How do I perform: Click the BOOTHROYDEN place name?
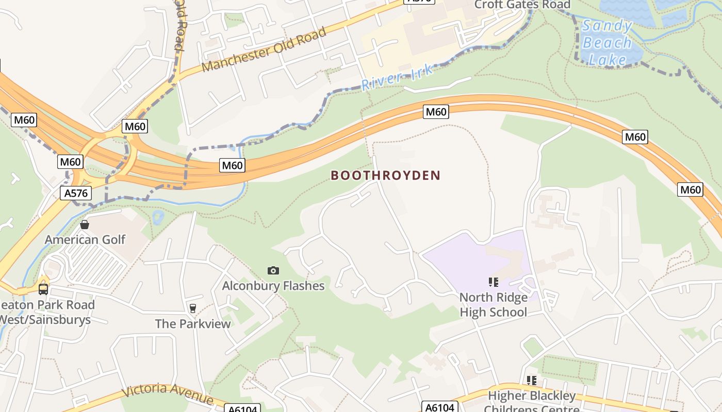pos(385,176)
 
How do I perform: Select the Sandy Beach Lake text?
pos(607,43)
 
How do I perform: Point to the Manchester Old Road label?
pos(264,49)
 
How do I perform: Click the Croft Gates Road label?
pos(522,5)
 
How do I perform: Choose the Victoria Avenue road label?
pos(167,393)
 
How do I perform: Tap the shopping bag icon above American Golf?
pos(85,225)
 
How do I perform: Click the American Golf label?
pos(85,239)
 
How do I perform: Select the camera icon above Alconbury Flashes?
pos(273,271)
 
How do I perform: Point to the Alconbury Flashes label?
pos(273,286)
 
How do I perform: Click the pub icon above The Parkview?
pos(193,308)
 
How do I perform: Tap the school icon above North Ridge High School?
pos(494,282)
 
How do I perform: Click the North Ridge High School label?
pos(494,305)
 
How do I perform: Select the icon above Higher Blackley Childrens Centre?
pos(532,381)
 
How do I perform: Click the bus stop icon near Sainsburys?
pos(43,289)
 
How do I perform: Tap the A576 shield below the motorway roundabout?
pos(76,193)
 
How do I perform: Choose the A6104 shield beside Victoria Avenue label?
pos(242,408)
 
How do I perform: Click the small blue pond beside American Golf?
pos(158,217)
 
